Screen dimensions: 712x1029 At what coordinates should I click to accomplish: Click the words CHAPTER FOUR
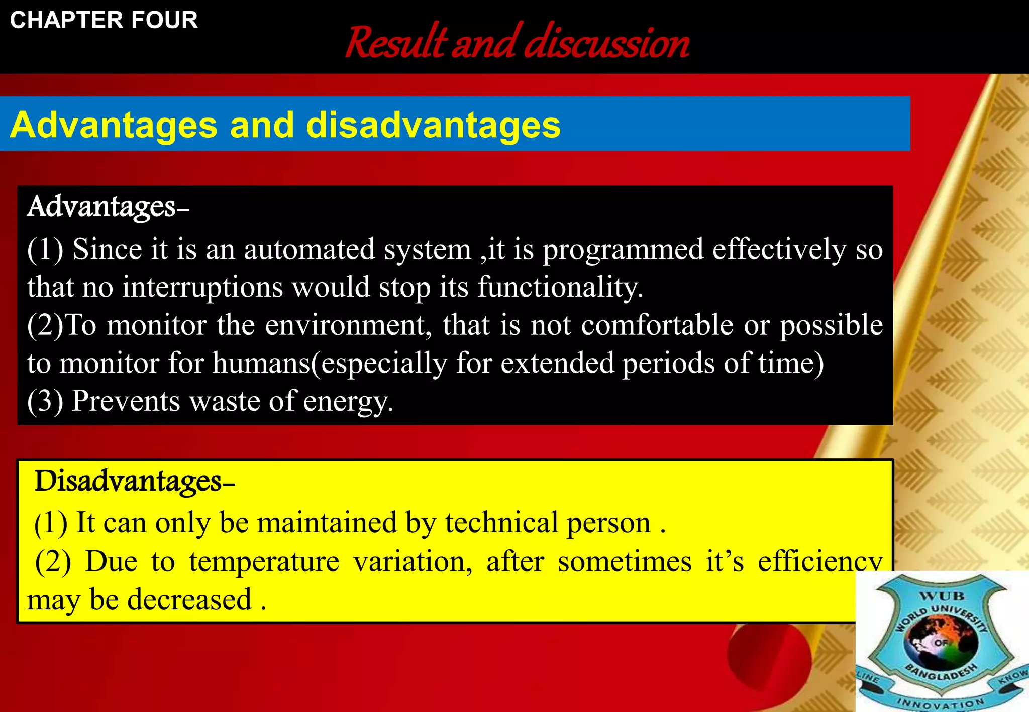(104, 20)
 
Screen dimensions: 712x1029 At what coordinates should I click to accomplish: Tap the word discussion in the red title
(606, 42)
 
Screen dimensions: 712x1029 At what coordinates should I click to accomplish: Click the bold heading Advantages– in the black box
(108, 206)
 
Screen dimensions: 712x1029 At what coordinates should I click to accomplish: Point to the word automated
(309, 249)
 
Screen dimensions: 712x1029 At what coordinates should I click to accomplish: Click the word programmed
(623, 250)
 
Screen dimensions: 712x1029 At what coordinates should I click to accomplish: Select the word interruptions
(202, 287)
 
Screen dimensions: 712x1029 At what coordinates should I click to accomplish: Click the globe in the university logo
(941, 641)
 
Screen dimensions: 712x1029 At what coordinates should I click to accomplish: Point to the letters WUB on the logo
(942, 596)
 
